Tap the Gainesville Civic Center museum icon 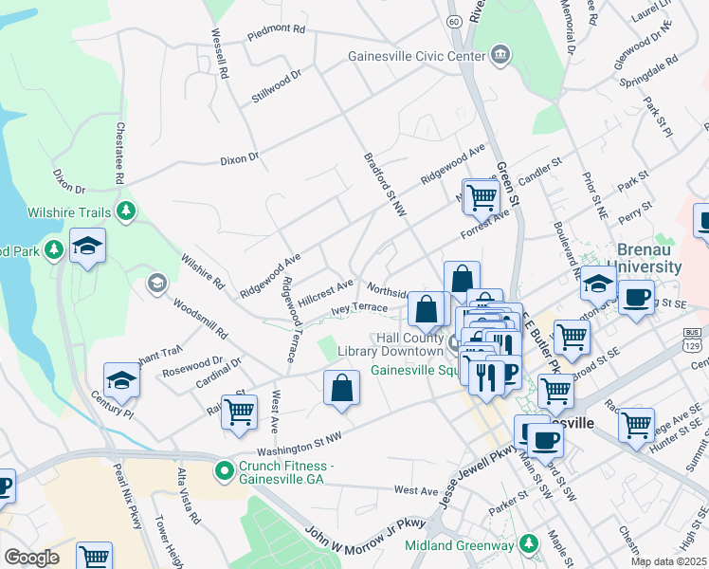(500, 55)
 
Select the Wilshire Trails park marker (124, 210)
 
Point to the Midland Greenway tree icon (529, 544)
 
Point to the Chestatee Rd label (120, 152)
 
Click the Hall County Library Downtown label (396, 344)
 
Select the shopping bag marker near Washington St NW (341, 387)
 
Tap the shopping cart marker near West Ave (240, 411)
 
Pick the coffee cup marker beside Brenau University (635, 297)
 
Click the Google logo (31, 558)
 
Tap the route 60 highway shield (455, 20)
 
